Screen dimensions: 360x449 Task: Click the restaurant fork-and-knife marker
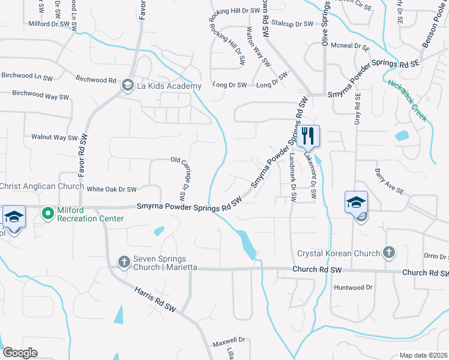point(309,135)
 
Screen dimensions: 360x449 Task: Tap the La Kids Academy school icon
point(127,86)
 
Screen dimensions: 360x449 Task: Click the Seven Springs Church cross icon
point(124,262)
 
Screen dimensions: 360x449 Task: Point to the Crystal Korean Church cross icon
point(388,253)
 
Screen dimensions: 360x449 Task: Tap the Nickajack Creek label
point(408,101)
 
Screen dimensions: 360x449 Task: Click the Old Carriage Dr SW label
point(179,179)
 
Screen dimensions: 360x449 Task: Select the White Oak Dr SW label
point(112,189)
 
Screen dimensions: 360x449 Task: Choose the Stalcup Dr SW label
point(292,24)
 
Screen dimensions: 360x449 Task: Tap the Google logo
point(20,353)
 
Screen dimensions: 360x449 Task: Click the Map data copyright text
point(424,355)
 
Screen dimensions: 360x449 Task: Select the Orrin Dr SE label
point(435,256)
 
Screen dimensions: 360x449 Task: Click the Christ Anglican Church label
point(42,187)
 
